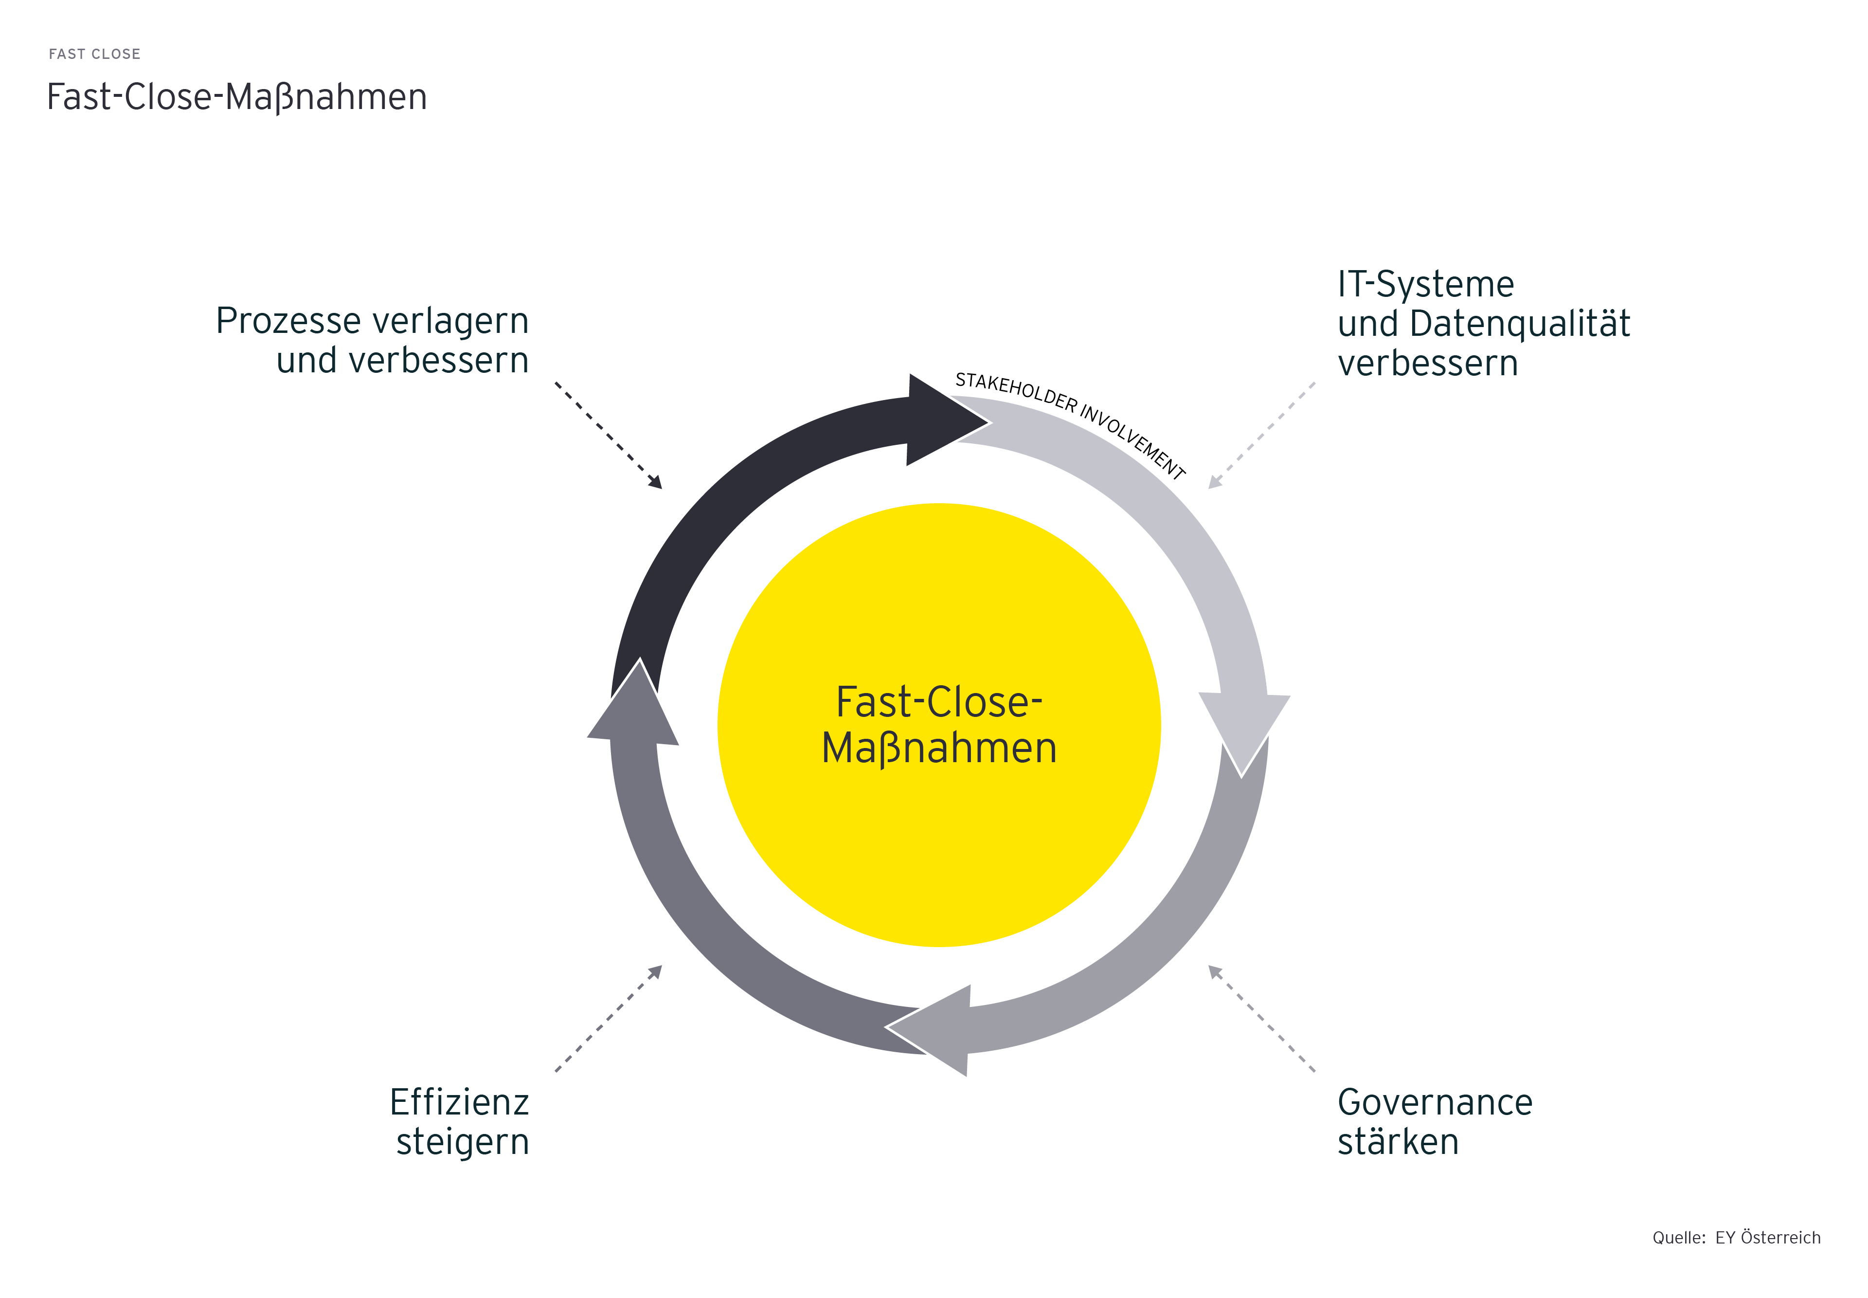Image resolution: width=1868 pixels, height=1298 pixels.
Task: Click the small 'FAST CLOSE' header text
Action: [94, 54]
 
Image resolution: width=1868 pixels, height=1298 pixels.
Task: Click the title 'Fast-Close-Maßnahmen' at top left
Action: [236, 97]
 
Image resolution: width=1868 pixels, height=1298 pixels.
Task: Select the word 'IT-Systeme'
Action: [1426, 284]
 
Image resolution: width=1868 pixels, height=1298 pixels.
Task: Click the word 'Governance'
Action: [1435, 1102]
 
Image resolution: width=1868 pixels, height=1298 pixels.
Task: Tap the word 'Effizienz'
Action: [459, 1102]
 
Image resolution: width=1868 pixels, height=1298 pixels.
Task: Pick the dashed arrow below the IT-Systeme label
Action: [1261, 435]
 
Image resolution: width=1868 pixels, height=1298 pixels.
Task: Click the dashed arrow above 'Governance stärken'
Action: [1261, 1017]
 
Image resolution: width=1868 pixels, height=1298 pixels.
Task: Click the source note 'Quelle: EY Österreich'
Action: [1736, 1237]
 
